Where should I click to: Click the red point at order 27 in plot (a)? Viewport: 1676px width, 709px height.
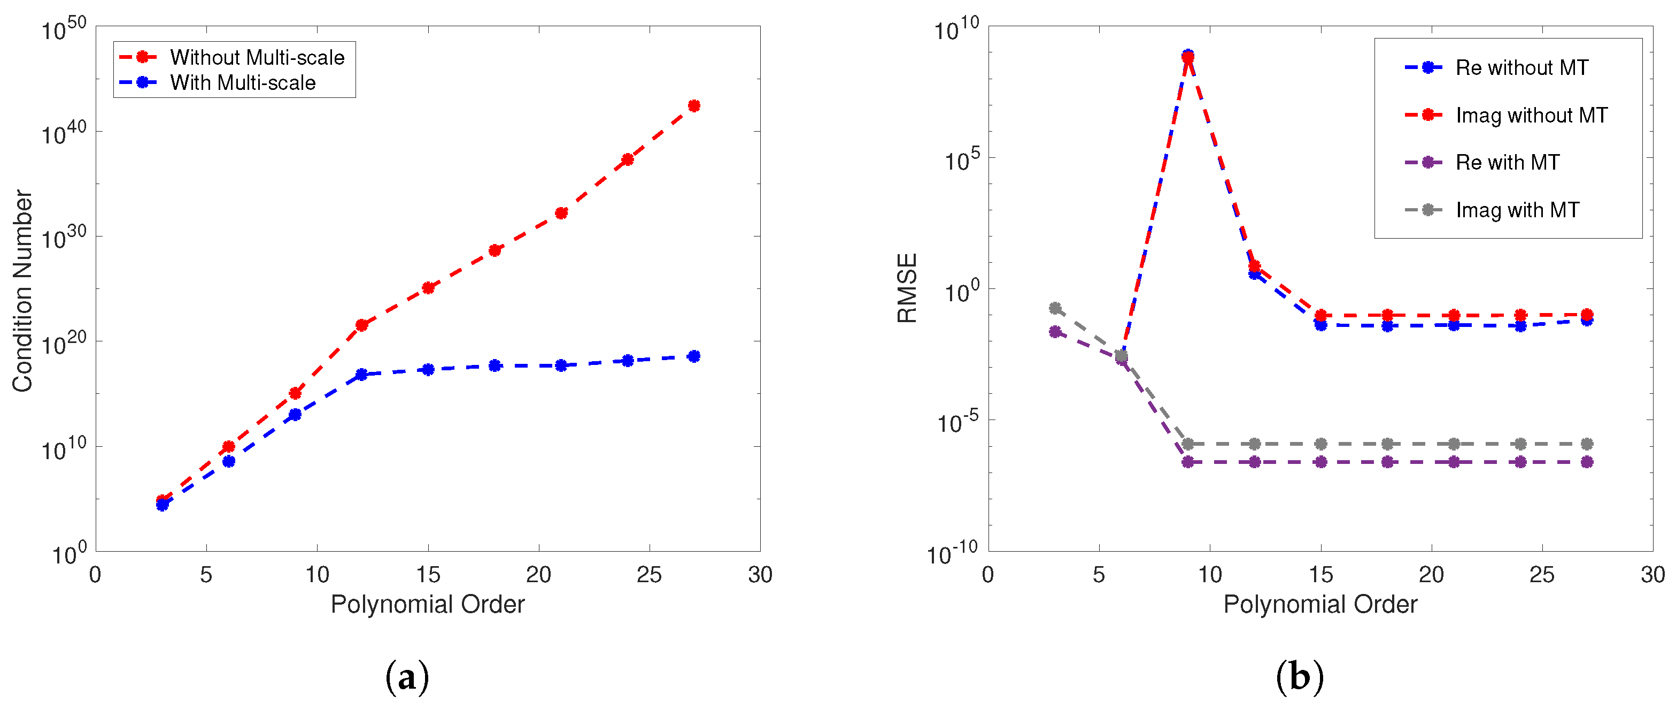693,105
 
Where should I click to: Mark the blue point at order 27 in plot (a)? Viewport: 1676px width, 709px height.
693,356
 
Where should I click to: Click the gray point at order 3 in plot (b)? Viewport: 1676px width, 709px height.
1055,308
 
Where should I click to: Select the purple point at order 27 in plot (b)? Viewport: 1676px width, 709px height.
1587,462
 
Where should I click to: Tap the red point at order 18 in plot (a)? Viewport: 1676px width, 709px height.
495,250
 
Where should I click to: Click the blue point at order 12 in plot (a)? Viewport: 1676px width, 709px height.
362,375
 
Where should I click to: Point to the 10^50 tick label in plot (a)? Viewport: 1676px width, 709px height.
64,29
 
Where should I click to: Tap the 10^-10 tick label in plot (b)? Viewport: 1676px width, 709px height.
952,553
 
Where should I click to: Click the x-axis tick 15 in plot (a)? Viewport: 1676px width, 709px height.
428,574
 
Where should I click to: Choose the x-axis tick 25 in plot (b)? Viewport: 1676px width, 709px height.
1542,574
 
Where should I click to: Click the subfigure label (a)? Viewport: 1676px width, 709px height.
407,677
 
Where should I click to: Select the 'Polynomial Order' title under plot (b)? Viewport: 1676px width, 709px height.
1320,604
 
